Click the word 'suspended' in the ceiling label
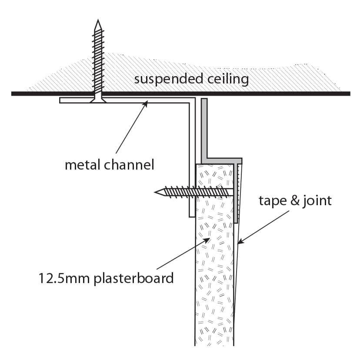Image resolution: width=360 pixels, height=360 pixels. click(x=168, y=79)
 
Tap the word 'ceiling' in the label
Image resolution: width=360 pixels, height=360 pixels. click(x=228, y=79)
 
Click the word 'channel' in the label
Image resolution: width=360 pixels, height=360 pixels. click(x=129, y=165)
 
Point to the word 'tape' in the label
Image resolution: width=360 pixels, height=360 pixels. click(x=273, y=201)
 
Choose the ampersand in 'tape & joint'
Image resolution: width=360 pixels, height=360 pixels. click(x=295, y=200)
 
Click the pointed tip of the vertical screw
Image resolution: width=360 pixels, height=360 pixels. click(x=98, y=20)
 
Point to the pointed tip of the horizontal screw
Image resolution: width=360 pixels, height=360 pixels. click(x=155, y=192)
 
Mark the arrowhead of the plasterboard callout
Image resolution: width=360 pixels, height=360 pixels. click(x=207, y=240)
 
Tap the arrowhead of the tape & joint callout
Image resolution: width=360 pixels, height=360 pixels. click(x=240, y=242)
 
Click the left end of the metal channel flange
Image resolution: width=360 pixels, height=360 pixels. click(x=60, y=100)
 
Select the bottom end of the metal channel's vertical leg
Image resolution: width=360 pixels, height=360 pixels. click(x=192, y=217)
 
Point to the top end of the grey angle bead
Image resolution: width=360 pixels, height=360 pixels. click(x=204, y=99)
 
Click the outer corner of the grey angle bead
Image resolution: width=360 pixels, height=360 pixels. click(x=242, y=158)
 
